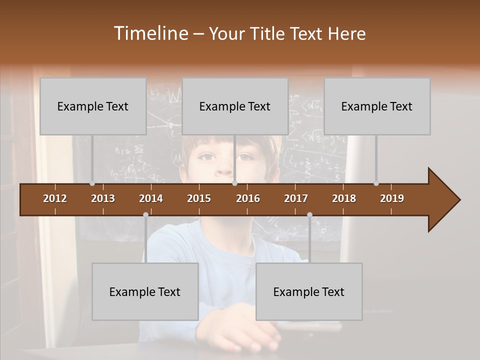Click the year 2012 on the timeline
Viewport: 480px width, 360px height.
click(55, 198)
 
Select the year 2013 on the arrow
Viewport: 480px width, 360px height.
click(103, 198)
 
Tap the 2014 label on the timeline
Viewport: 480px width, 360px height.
click(151, 198)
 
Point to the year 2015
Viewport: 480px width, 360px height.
click(199, 198)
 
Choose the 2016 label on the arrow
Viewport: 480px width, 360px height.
click(248, 198)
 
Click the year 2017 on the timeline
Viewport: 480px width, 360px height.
click(296, 198)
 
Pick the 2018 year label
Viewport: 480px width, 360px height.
click(344, 198)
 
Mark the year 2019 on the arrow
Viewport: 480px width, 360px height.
click(392, 198)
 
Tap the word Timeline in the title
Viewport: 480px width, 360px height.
click(151, 33)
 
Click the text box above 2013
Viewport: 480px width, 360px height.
click(93, 106)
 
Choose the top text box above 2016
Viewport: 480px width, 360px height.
click(235, 106)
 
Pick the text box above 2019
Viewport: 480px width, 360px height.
click(377, 106)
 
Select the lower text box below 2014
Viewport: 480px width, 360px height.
click(145, 292)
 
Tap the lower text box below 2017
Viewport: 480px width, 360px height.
click(309, 292)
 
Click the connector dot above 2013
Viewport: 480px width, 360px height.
click(92, 183)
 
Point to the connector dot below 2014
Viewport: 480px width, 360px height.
click(145, 215)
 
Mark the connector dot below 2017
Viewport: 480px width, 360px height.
click(309, 215)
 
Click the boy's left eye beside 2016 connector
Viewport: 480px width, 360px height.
click(243, 157)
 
